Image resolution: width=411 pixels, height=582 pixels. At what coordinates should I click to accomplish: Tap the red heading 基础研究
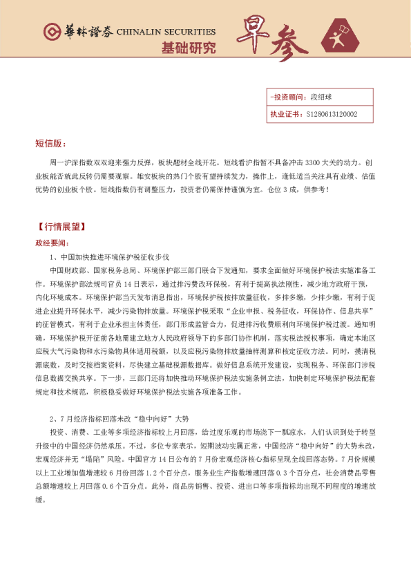coord(188,48)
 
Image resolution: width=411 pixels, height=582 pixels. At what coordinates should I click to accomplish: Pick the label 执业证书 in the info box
coord(285,114)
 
